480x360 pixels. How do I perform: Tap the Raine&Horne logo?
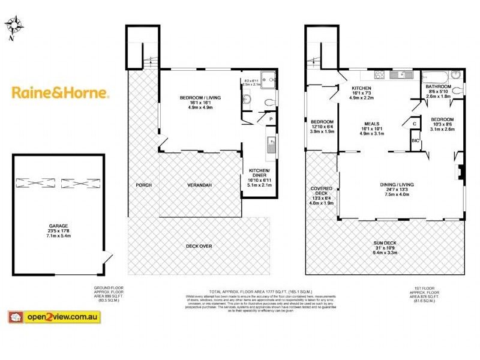(x=61, y=93)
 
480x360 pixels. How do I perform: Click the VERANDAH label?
(x=200, y=185)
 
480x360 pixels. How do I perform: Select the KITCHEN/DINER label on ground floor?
(x=260, y=175)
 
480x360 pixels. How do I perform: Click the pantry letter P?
(x=271, y=119)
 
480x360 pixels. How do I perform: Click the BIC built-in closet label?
(x=415, y=140)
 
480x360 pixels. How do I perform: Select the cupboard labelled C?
(x=415, y=124)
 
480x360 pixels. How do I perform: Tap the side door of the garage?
(x=107, y=260)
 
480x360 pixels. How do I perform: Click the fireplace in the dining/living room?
(x=459, y=172)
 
